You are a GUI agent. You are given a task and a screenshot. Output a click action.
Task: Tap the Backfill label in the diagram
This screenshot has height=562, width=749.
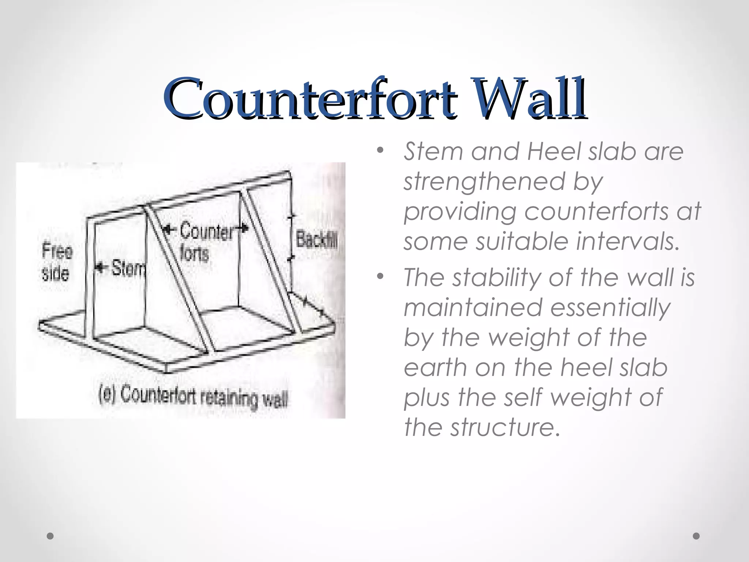316,240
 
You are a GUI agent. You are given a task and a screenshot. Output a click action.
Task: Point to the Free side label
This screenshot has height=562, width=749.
57,262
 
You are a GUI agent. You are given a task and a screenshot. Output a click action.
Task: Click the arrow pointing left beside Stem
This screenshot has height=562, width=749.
101,268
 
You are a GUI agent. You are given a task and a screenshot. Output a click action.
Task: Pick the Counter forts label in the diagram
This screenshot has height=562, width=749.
205,241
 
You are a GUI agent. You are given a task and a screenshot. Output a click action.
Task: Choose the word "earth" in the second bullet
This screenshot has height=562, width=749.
436,368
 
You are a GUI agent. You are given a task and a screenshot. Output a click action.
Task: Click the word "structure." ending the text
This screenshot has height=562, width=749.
505,427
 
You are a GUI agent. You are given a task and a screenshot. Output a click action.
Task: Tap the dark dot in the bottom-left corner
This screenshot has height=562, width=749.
50,536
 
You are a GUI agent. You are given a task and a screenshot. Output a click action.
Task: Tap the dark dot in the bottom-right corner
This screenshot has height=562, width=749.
696,536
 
